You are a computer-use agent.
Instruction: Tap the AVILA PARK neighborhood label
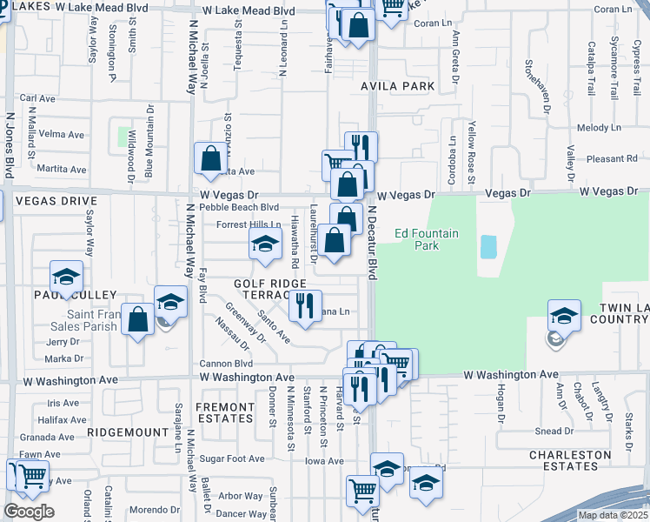tap(397, 87)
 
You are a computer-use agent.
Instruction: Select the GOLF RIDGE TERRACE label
tap(269, 290)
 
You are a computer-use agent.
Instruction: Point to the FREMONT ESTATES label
tap(225, 412)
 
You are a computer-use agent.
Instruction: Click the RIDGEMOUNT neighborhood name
tap(127, 432)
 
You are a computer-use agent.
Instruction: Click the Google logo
tap(29, 512)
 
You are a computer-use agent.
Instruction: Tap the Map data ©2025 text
tap(613, 515)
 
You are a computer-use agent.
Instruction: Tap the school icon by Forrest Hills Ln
tap(266, 244)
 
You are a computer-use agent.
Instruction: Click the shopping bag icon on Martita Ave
tap(210, 158)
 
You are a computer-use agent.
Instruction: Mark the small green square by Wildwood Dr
tap(123, 137)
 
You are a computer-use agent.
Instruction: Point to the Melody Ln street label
tap(594, 128)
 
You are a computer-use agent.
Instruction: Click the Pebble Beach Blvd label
tap(239, 207)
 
